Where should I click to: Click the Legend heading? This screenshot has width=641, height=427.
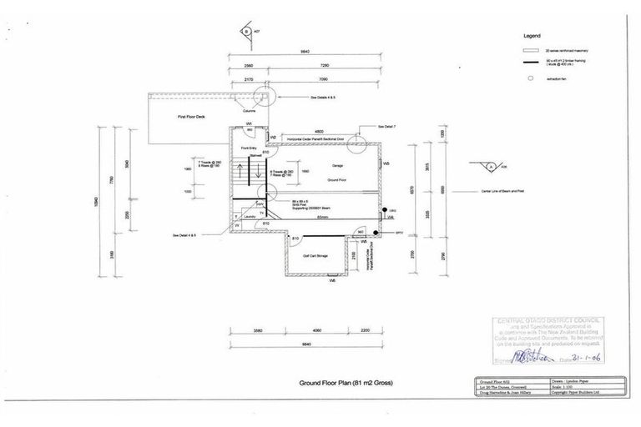pyautogui.click(x=532, y=37)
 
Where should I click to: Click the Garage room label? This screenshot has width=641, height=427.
pyautogui.click(x=337, y=165)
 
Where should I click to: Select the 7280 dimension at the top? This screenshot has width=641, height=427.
pyautogui.click(x=326, y=64)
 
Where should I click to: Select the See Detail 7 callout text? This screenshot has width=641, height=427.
pyautogui.click(x=386, y=127)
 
